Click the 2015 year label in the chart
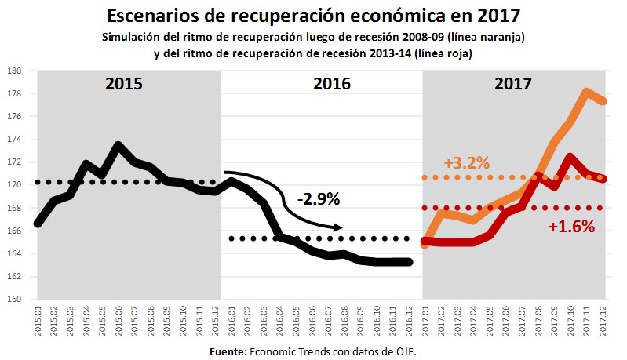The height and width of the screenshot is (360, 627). tap(125, 84)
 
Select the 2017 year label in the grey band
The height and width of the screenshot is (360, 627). tap(515, 84)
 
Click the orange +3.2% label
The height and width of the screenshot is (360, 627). tap(467, 164)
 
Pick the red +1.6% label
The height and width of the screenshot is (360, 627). tap(572, 227)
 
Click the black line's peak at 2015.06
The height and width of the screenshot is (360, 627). tap(118, 145)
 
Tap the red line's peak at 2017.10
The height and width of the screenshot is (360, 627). tap(568, 157)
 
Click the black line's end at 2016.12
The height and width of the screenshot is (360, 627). tap(410, 262)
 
